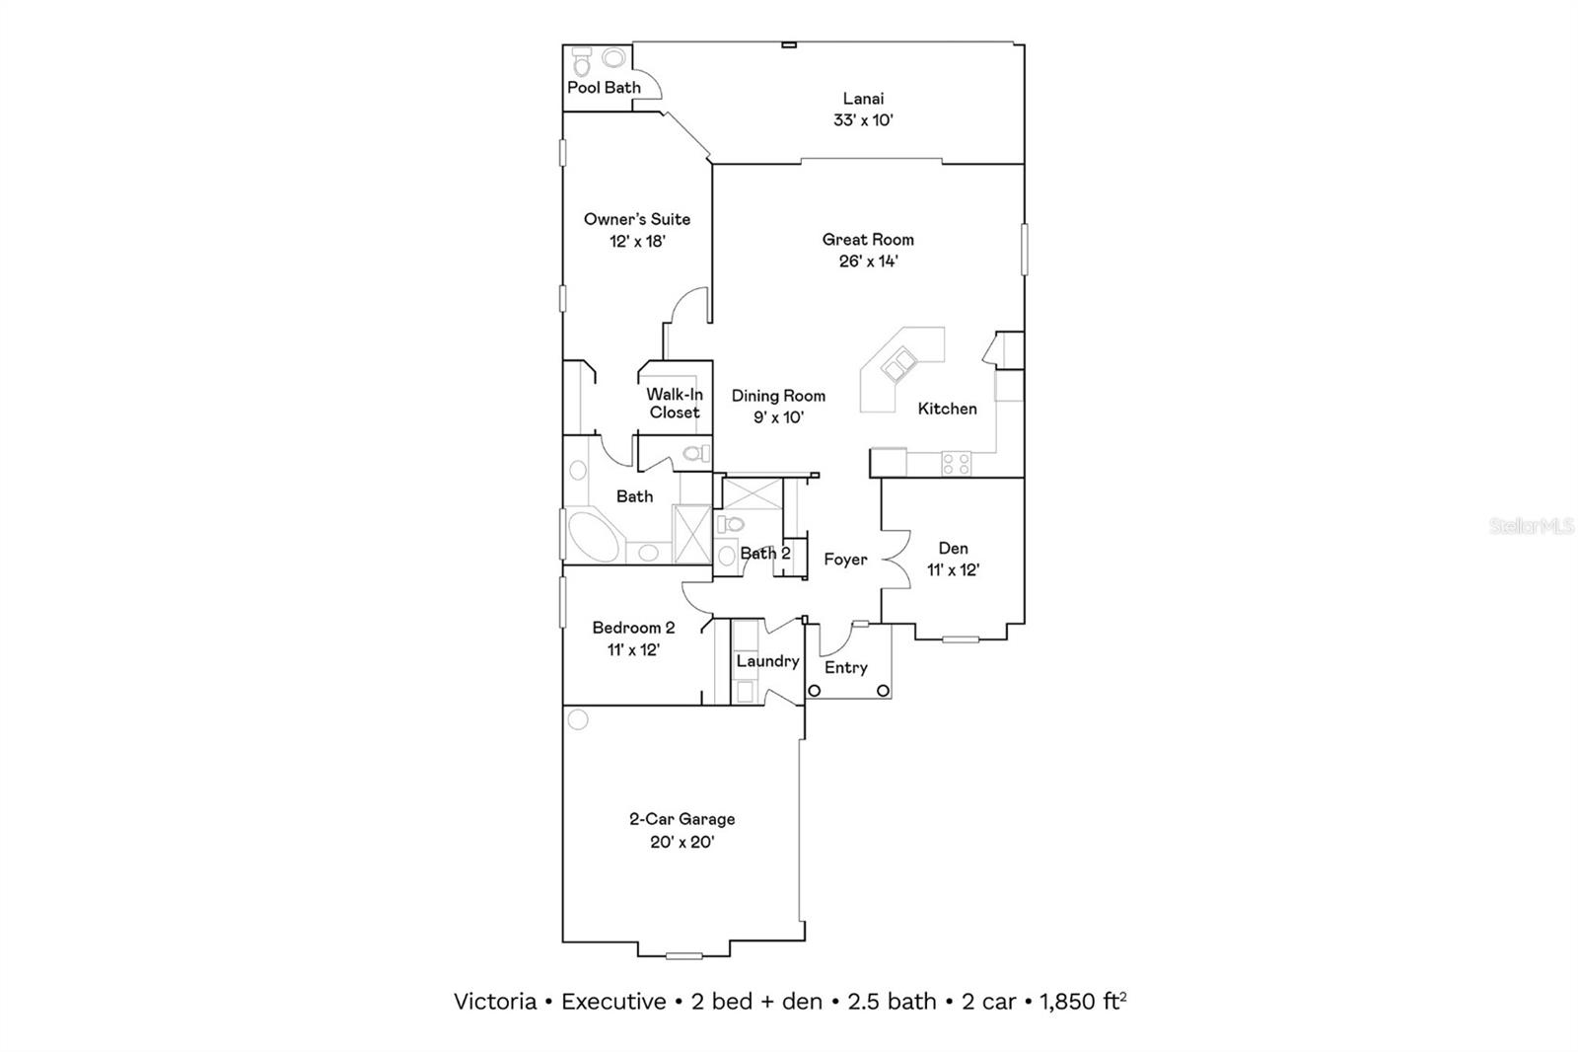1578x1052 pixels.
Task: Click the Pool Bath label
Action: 604,88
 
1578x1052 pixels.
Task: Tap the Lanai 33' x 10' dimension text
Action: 863,120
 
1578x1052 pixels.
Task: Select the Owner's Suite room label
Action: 637,219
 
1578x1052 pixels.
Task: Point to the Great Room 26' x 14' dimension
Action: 868,262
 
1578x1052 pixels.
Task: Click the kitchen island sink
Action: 898,366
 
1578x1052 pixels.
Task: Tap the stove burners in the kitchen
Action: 956,463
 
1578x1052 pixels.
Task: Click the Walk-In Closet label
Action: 675,404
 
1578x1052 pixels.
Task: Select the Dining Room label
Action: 778,396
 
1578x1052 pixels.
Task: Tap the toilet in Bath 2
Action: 730,524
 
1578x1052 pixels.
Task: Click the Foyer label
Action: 845,560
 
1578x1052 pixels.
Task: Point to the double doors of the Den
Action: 896,559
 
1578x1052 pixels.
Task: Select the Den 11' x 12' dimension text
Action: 953,570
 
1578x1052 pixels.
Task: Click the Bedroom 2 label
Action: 633,628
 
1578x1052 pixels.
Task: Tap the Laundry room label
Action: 767,661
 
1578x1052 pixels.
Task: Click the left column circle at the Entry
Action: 815,691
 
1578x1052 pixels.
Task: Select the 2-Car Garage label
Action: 681,819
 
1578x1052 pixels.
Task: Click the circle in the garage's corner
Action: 578,719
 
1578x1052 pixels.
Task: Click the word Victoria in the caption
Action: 494,1002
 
